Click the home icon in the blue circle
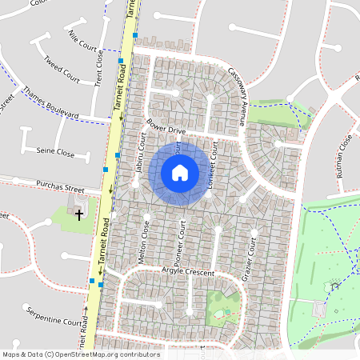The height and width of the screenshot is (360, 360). [x=180, y=172]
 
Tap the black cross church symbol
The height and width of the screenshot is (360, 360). [x=78, y=214]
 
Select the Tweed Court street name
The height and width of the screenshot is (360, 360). [x=62, y=70]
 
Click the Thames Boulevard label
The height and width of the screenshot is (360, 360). [x=50, y=103]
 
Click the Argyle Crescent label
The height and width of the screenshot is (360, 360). [x=188, y=273]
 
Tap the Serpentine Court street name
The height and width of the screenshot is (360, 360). [x=54, y=316]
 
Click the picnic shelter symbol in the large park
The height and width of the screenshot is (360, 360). [x=334, y=285]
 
